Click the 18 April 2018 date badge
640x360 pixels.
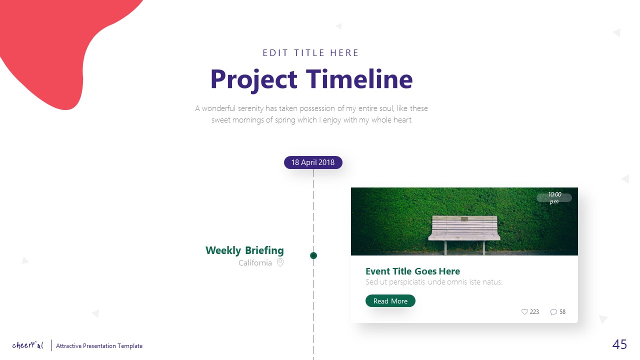click(x=313, y=162)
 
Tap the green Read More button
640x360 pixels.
click(x=390, y=301)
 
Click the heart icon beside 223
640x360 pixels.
click(x=524, y=311)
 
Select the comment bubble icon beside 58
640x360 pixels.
click(x=553, y=311)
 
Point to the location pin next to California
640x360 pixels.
click(x=280, y=262)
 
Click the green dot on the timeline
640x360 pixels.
click(x=313, y=255)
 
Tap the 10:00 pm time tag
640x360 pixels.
click(x=554, y=198)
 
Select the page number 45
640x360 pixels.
click(x=619, y=344)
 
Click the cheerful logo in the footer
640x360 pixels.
click(x=28, y=345)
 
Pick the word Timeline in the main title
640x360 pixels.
click(x=359, y=79)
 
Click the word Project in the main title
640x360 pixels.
click(x=253, y=79)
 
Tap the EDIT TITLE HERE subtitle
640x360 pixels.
click(x=311, y=53)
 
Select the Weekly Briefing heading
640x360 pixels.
click(x=244, y=250)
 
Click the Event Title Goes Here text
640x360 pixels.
click(x=412, y=271)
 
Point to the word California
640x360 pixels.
click(x=255, y=263)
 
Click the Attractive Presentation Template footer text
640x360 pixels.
click(x=99, y=346)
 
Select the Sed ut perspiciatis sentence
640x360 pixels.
click(x=433, y=282)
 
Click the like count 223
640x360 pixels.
click(x=534, y=312)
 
